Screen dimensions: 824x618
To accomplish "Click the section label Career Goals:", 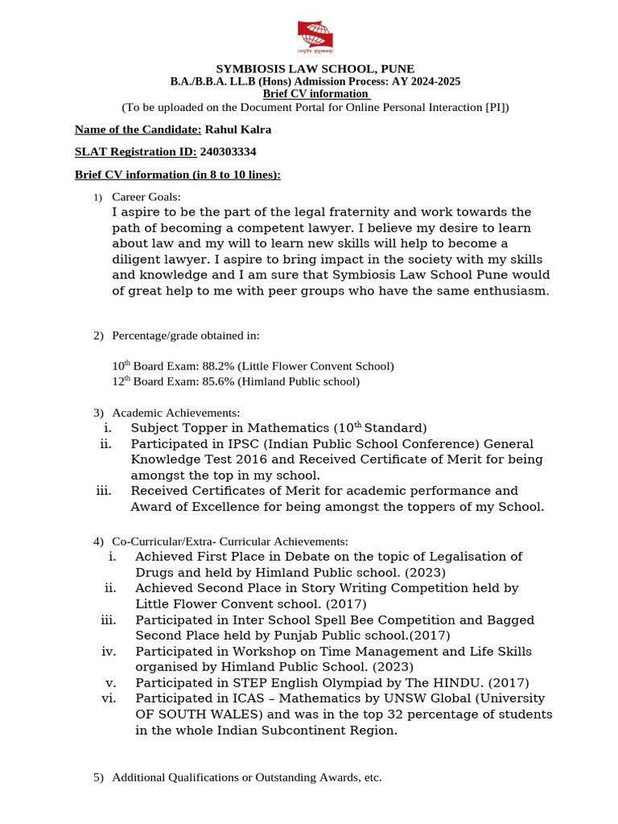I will [146, 197].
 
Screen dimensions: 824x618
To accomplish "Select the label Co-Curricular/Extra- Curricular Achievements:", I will [229, 542].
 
